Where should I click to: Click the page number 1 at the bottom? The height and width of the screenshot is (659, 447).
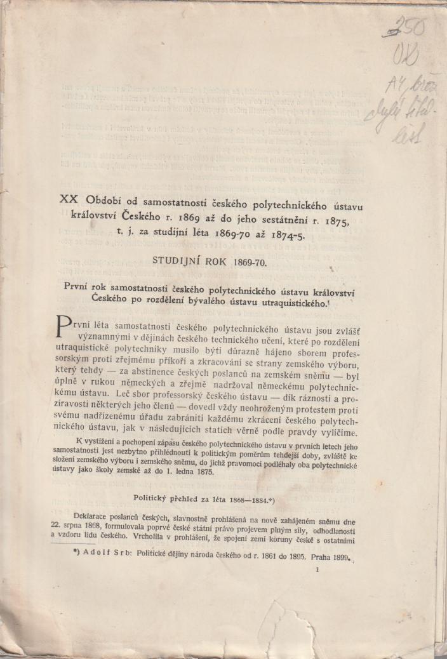(316, 571)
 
